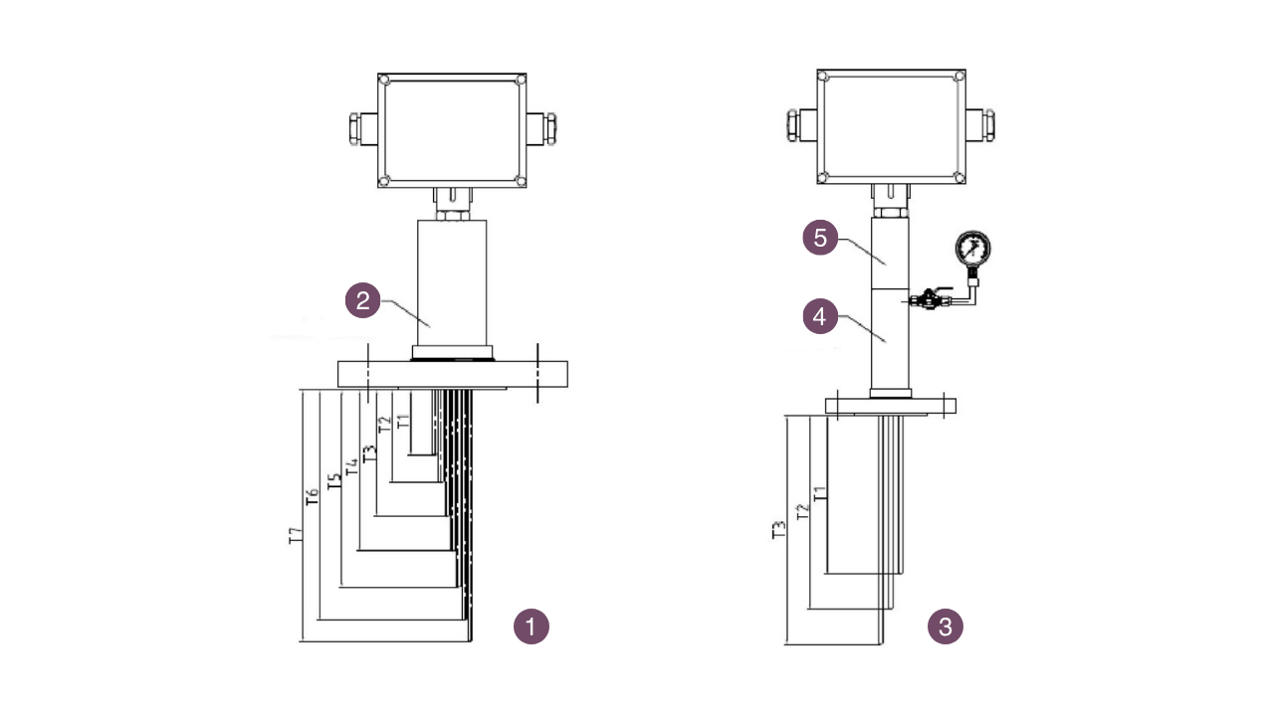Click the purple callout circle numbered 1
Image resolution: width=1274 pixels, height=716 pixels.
(x=531, y=626)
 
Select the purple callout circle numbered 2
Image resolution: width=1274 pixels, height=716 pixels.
(x=363, y=301)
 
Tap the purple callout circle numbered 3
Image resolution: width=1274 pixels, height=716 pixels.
(x=946, y=626)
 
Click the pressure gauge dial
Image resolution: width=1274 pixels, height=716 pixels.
(x=972, y=249)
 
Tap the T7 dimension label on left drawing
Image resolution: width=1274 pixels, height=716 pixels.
(x=295, y=536)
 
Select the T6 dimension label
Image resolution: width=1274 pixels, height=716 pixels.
(x=313, y=497)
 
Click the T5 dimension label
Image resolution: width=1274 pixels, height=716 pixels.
(x=334, y=481)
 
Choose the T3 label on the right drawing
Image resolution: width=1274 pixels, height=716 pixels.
(x=779, y=530)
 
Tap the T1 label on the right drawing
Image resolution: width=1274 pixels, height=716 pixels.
(x=819, y=493)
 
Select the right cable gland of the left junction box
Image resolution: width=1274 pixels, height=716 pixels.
(x=545, y=128)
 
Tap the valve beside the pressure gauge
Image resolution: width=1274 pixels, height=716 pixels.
(x=928, y=296)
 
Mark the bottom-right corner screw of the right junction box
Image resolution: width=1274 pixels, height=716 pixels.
(x=957, y=177)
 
